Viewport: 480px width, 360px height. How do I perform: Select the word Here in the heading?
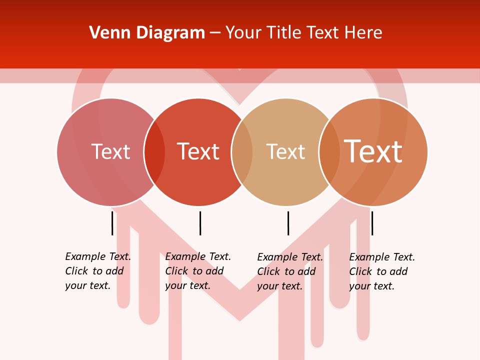(x=363, y=33)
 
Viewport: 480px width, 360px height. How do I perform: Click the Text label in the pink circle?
(x=110, y=151)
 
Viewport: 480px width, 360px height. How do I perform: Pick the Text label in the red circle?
(x=198, y=151)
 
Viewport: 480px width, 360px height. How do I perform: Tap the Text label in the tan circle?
(x=285, y=151)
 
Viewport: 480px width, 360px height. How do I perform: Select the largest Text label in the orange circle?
(x=373, y=151)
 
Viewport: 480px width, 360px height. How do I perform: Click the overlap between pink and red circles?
(x=154, y=152)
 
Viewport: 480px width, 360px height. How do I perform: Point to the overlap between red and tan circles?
(x=242, y=152)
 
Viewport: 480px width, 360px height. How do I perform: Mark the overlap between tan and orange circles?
(x=329, y=152)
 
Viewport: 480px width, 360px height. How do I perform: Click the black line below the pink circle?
(x=112, y=223)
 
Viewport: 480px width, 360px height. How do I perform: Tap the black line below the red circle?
(x=200, y=223)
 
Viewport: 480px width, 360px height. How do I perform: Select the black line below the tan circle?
(x=288, y=223)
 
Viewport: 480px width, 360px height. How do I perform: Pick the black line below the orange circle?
(x=372, y=223)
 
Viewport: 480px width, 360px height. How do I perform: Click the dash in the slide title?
(x=215, y=33)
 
